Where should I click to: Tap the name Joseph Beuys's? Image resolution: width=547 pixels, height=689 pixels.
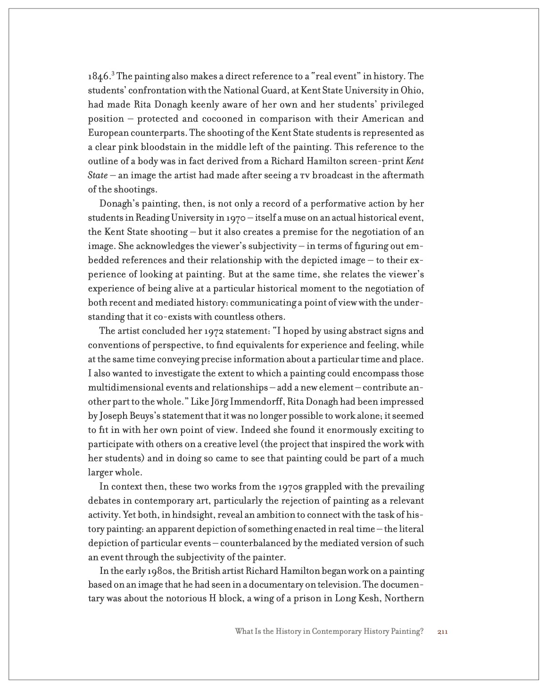[131, 416]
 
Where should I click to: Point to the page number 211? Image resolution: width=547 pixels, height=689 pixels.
[442, 632]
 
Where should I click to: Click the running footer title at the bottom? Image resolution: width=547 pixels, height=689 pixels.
[329, 632]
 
